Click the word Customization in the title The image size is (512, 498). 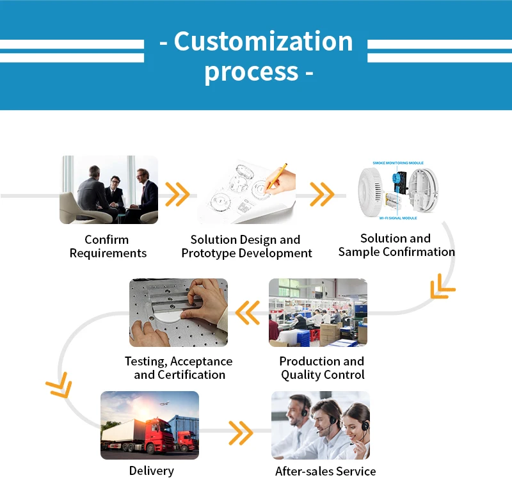pos(263,42)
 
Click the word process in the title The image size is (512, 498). pos(252,72)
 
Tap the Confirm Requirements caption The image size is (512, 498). pos(108,246)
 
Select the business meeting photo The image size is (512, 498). pos(109,189)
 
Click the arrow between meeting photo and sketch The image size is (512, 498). pos(177,195)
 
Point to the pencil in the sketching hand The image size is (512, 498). pos(276,176)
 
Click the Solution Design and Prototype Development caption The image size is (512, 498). pos(246,246)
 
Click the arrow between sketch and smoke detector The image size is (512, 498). pos(322,195)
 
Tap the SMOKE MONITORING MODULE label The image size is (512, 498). pos(398,163)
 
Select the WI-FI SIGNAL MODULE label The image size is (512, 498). pos(398,218)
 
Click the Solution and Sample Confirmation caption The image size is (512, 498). pos(396,245)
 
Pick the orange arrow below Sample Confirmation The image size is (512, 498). pos(442,286)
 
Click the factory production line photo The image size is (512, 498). pos(318,312)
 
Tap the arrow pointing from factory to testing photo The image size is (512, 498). pos(248,313)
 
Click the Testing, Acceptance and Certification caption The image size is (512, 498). pos(179,368)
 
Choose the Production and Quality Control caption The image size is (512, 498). pos(323,368)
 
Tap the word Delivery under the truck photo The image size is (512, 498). pos(152,471)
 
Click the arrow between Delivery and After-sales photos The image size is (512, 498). pos(241,433)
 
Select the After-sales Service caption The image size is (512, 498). pos(326,471)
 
